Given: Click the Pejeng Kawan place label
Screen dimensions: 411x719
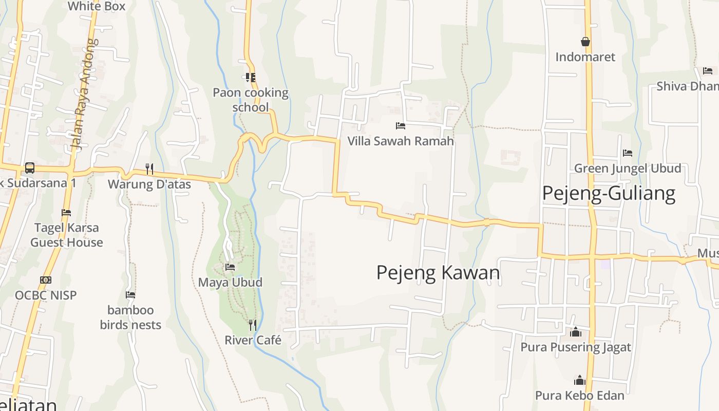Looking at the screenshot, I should (438, 272).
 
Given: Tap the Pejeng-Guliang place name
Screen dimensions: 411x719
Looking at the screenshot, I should (609, 193).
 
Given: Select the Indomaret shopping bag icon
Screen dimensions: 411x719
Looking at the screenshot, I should (585, 42).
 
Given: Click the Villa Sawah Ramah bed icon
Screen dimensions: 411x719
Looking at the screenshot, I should (401, 125).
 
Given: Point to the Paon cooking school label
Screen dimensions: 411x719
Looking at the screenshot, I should (251, 100).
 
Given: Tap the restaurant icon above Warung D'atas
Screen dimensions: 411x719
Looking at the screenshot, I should (149, 168).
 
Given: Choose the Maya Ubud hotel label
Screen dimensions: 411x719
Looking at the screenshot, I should (230, 282).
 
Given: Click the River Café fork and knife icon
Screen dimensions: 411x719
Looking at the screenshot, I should (252, 325).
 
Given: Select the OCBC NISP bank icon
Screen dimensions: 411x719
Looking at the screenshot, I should (46, 280).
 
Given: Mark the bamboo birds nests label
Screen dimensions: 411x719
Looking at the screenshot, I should (130, 317).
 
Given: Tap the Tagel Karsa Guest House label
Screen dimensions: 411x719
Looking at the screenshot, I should (67, 235).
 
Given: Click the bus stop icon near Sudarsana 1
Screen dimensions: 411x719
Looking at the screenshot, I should (30, 168).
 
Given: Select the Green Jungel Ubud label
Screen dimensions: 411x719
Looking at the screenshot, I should (628, 168).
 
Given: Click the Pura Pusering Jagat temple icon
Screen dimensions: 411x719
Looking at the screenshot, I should (576, 332).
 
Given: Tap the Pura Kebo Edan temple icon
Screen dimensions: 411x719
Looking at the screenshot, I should (580, 380).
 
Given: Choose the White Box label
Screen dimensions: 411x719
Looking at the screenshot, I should (97, 6).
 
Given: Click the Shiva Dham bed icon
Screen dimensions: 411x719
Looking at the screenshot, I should (708, 71).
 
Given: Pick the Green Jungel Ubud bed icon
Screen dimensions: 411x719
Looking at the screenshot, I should (627, 153).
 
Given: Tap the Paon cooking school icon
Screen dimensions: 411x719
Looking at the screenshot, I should (251, 78).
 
